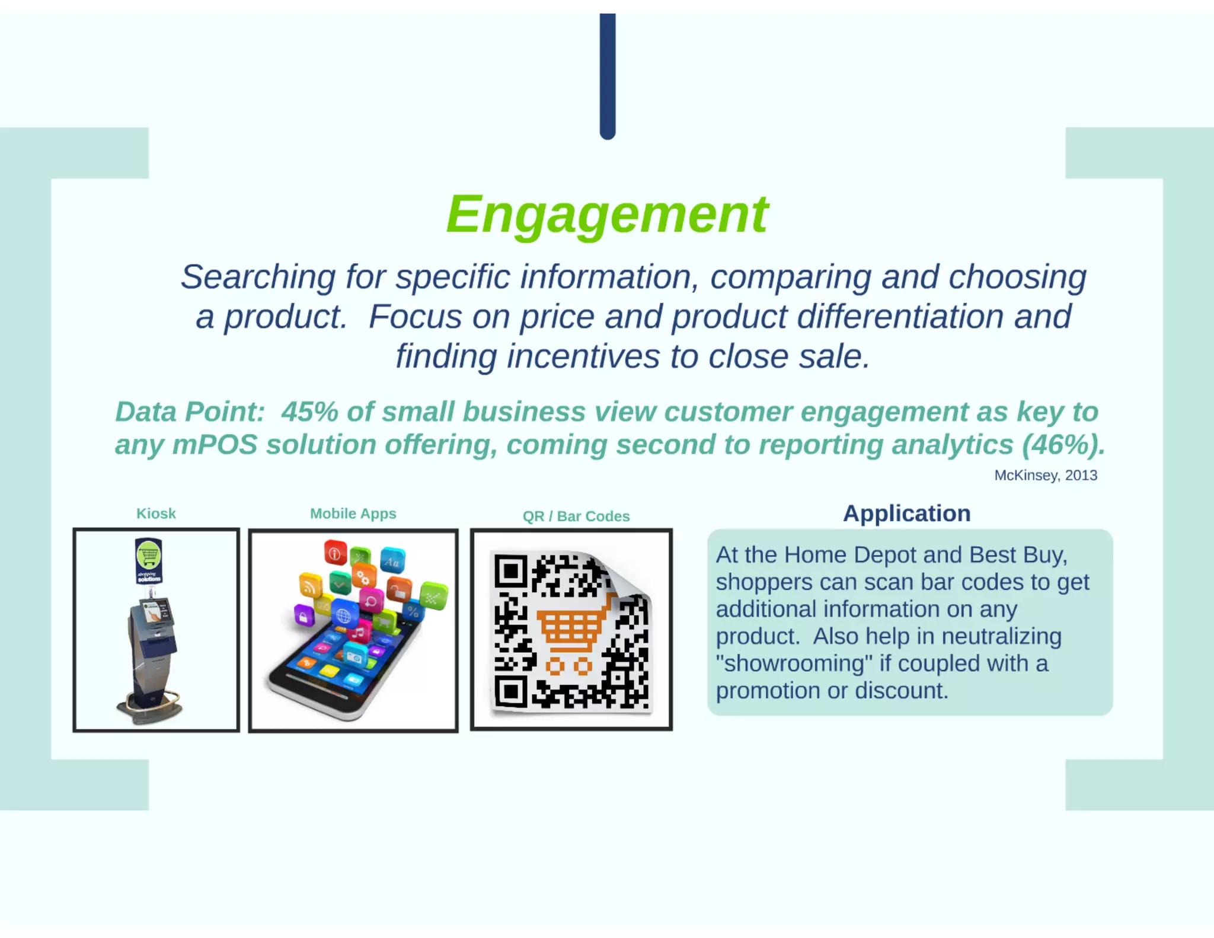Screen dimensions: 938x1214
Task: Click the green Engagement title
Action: [607, 215]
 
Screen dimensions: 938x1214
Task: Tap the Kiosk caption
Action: [156, 513]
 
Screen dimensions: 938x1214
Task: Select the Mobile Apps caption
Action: [353, 513]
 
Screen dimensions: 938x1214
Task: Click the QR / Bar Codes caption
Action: [576, 516]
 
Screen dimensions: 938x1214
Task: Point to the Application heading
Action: [906, 513]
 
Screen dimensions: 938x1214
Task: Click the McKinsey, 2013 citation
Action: [1045, 476]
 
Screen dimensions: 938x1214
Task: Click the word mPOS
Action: [215, 445]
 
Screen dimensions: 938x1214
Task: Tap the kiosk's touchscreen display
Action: [157, 611]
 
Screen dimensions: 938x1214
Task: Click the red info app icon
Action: [335, 553]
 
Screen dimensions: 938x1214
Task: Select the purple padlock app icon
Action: [303, 617]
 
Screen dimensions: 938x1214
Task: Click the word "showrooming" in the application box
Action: [794, 663]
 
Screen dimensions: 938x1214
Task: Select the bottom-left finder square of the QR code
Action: [511, 691]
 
